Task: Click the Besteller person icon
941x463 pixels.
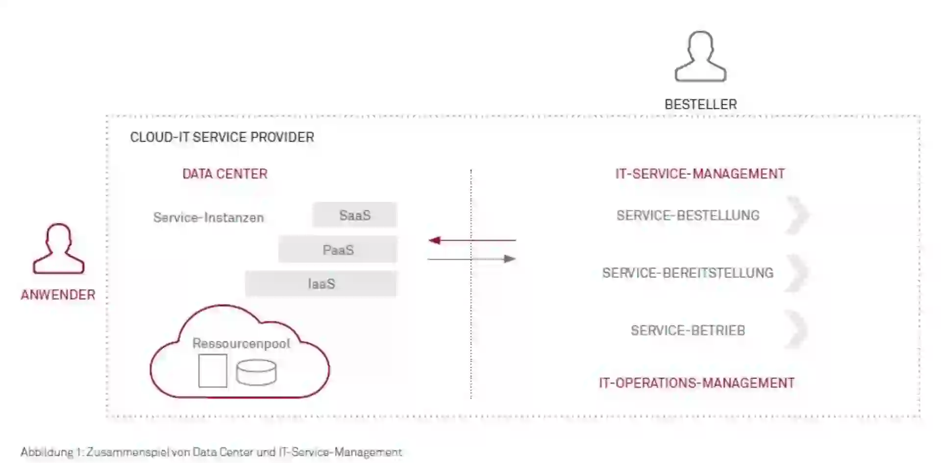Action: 700,56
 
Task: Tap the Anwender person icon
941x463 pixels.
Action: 58,248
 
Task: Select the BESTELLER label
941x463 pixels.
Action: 700,104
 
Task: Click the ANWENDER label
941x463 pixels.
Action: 58,295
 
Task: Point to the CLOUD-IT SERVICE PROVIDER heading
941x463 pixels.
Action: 222,137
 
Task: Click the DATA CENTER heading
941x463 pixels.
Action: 225,174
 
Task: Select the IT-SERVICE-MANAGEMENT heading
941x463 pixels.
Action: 700,174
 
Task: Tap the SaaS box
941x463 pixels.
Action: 354,215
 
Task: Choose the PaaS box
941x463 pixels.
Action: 338,250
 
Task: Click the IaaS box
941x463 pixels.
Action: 321,284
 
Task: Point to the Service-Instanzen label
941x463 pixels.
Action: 208,218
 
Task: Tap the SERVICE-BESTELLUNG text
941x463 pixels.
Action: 688,216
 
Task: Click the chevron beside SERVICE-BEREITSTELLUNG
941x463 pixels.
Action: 797,273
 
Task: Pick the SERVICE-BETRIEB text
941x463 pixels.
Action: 688,331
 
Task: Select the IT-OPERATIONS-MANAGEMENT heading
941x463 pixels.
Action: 696,383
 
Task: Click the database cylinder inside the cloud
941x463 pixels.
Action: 256,372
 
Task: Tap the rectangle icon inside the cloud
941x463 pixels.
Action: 213,371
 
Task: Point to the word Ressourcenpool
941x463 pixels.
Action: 241,343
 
